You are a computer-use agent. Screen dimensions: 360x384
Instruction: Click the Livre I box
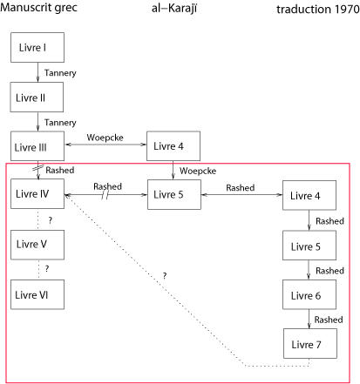pos(37,47)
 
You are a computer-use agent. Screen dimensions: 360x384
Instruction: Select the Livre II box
pos(37,97)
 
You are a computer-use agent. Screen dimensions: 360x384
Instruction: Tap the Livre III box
pos(37,146)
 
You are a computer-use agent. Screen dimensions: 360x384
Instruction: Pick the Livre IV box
pos(37,193)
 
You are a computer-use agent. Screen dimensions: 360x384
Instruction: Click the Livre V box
pos(37,245)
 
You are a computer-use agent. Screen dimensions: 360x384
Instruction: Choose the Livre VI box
pos(37,294)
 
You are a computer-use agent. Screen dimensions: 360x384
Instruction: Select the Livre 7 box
pos(310,343)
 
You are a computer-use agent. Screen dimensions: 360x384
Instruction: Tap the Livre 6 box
pos(309,294)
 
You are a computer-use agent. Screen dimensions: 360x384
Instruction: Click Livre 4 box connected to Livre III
pos(173,146)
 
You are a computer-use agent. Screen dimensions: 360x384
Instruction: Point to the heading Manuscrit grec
pos(38,7)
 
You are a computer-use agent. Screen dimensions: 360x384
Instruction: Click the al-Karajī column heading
pos(174,8)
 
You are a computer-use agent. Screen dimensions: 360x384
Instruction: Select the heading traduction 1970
pos(318,10)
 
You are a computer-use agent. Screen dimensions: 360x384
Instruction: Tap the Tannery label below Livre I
pos(60,73)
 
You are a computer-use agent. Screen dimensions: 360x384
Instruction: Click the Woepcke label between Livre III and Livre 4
pos(105,138)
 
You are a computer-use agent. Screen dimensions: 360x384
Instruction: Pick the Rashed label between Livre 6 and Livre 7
pos(329,320)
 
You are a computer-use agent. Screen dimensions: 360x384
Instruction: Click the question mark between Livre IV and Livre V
pos(51,220)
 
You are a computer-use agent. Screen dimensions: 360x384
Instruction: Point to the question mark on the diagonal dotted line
pos(165,275)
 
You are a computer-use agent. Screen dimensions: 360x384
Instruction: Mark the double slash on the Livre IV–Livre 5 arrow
pos(105,195)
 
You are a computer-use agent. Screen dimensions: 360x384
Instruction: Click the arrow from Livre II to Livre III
pos(37,122)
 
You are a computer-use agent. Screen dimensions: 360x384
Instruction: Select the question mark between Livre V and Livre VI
pos(47,268)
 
